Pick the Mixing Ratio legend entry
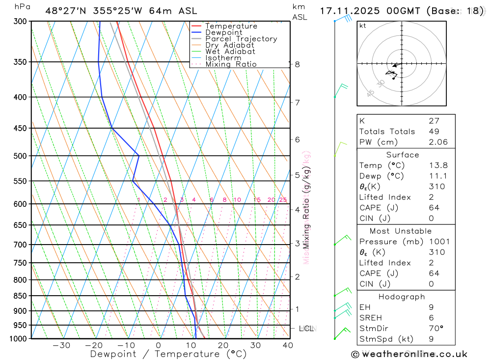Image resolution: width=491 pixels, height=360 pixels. click(231, 64)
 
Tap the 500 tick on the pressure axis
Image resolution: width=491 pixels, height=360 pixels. click(20, 156)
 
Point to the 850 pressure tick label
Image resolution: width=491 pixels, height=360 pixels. click(20, 296)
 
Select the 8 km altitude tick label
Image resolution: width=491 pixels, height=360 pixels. click(297, 64)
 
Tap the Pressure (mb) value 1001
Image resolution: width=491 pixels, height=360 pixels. click(438, 242)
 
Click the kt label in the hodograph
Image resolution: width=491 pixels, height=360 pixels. click(363, 26)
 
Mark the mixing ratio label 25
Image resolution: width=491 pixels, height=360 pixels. click(283, 200)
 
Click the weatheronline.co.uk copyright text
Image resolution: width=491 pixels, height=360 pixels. click(409, 354)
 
